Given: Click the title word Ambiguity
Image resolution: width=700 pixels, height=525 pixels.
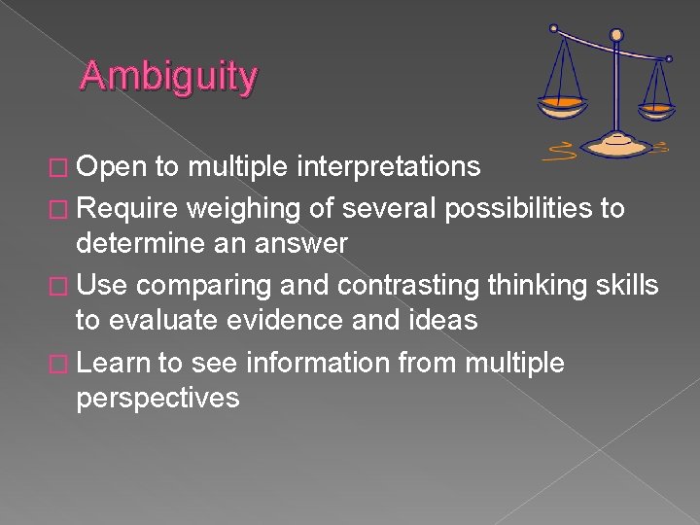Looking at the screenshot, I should click(168, 76).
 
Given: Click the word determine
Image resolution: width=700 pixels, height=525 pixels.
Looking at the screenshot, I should click(140, 243).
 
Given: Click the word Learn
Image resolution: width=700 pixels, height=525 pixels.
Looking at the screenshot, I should click(114, 363).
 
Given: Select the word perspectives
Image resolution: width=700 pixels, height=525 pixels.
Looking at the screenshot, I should click(157, 397).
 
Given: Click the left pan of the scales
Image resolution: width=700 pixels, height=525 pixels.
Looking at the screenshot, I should click(563, 102).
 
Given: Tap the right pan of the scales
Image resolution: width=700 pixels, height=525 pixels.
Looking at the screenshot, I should click(658, 106).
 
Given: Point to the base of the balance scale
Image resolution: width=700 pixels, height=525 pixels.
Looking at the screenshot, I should click(616, 144).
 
